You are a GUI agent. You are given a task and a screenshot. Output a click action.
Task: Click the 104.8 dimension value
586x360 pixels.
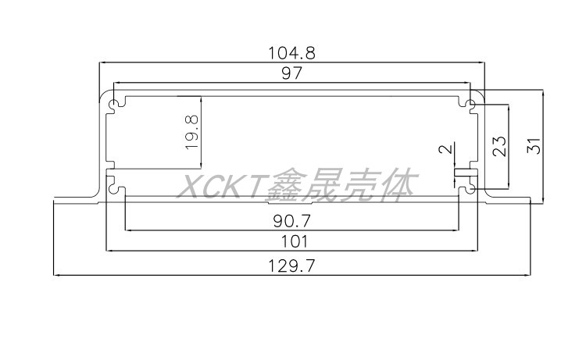[x=291, y=54]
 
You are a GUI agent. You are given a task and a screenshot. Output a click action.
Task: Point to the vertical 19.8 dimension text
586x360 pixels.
[x=192, y=130]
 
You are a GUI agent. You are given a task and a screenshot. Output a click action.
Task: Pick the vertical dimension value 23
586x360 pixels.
[x=500, y=145]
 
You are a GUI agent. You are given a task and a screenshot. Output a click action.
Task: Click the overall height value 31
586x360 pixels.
[x=534, y=145]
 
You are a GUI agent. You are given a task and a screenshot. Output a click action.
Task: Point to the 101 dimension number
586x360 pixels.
[x=291, y=242]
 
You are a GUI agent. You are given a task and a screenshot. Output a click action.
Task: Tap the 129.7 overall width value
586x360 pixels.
[x=291, y=266]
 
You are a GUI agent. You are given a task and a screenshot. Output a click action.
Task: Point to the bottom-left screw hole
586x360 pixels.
[x=117, y=187]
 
